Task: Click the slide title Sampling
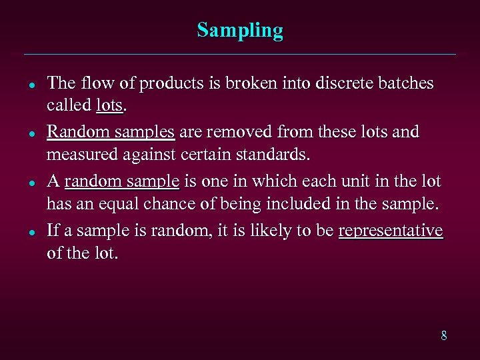pyautogui.click(x=240, y=31)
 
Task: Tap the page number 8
pyautogui.click(x=443, y=335)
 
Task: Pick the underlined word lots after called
pyautogui.click(x=109, y=105)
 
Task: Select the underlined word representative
pyautogui.click(x=391, y=231)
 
